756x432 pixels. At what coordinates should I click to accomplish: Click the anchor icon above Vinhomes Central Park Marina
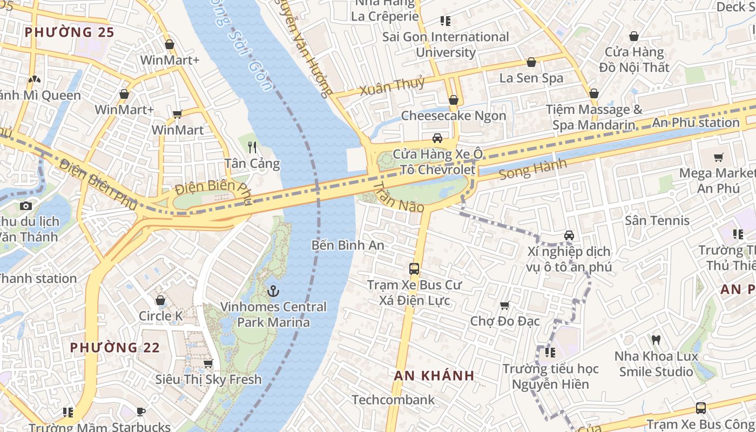[x=273, y=292]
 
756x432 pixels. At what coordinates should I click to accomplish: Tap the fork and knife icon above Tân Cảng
[x=252, y=147]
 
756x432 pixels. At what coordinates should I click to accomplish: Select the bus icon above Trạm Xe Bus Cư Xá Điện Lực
[x=414, y=268]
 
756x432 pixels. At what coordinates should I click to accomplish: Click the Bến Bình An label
[x=348, y=245]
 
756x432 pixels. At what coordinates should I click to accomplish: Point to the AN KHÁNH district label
[x=434, y=375]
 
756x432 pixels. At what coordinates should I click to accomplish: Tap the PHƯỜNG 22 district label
[x=115, y=347]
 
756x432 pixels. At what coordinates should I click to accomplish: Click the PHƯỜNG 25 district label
[x=70, y=32]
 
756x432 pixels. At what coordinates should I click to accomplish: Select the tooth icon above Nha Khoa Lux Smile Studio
[x=656, y=340]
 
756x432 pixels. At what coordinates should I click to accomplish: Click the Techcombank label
[x=393, y=400]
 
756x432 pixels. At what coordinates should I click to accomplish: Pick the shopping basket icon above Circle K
[x=160, y=300]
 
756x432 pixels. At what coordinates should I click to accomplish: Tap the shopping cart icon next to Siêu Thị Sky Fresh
[x=208, y=363]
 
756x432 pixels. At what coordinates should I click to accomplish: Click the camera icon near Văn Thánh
[x=25, y=206]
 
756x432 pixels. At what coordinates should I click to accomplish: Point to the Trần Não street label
[x=399, y=197]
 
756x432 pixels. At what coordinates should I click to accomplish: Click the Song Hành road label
[x=532, y=169]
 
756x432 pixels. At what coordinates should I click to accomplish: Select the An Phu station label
[x=696, y=123]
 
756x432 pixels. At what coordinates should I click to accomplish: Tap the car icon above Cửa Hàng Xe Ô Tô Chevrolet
[x=437, y=138]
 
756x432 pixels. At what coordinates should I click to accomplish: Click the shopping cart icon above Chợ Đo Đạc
[x=505, y=306]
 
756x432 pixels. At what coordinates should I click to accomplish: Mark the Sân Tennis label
[x=657, y=220]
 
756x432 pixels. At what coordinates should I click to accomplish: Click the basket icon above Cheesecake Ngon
[x=454, y=100]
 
